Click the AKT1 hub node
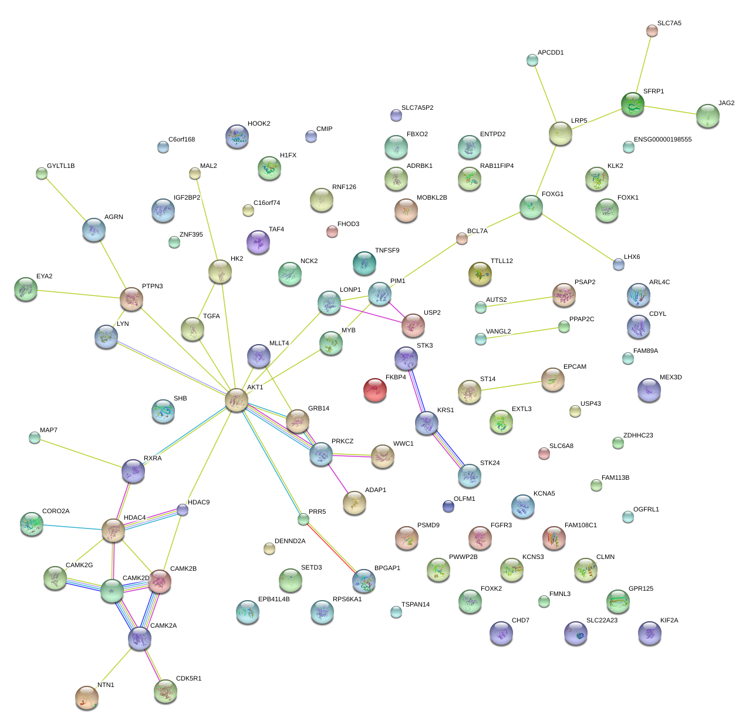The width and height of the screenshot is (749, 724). pos(237,400)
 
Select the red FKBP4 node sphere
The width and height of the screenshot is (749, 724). pos(375,390)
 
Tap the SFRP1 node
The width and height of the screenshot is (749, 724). pos(633,104)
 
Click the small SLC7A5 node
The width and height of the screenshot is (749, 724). pos(652,31)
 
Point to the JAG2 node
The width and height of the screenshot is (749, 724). pos(707,116)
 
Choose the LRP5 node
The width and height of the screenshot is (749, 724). pos(561,134)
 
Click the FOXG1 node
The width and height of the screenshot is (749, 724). pos(531,207)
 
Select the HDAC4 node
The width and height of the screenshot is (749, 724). pos(113,530)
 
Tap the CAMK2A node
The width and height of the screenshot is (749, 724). pos(140,638)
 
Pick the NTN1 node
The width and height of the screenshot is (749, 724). pos(87,697)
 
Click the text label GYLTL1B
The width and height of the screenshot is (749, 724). pos(61,166)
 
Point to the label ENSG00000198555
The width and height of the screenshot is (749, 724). pos(663,140)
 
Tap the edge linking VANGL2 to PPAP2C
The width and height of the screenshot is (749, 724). pos(522,333)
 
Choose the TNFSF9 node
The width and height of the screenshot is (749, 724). pos(365,263)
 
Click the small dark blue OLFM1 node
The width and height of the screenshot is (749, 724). pos(448,506)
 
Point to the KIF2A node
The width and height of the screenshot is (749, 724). pos(649,632)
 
